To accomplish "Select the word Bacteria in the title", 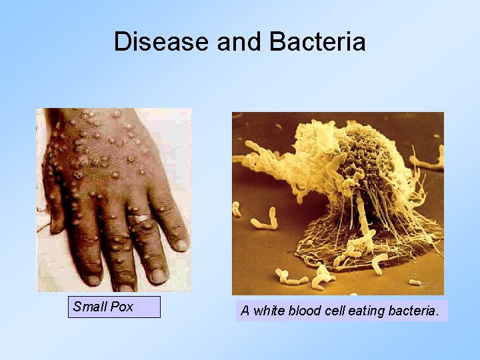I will click(x=318, y=41).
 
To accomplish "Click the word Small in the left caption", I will click(x=87, y=307).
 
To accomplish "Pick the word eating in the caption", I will click(x=367, y=311).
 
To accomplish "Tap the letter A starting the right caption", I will click(x=245, y=311).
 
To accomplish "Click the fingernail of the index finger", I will click(x=93, y=279).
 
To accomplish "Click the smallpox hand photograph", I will click(x=113, y=199).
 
